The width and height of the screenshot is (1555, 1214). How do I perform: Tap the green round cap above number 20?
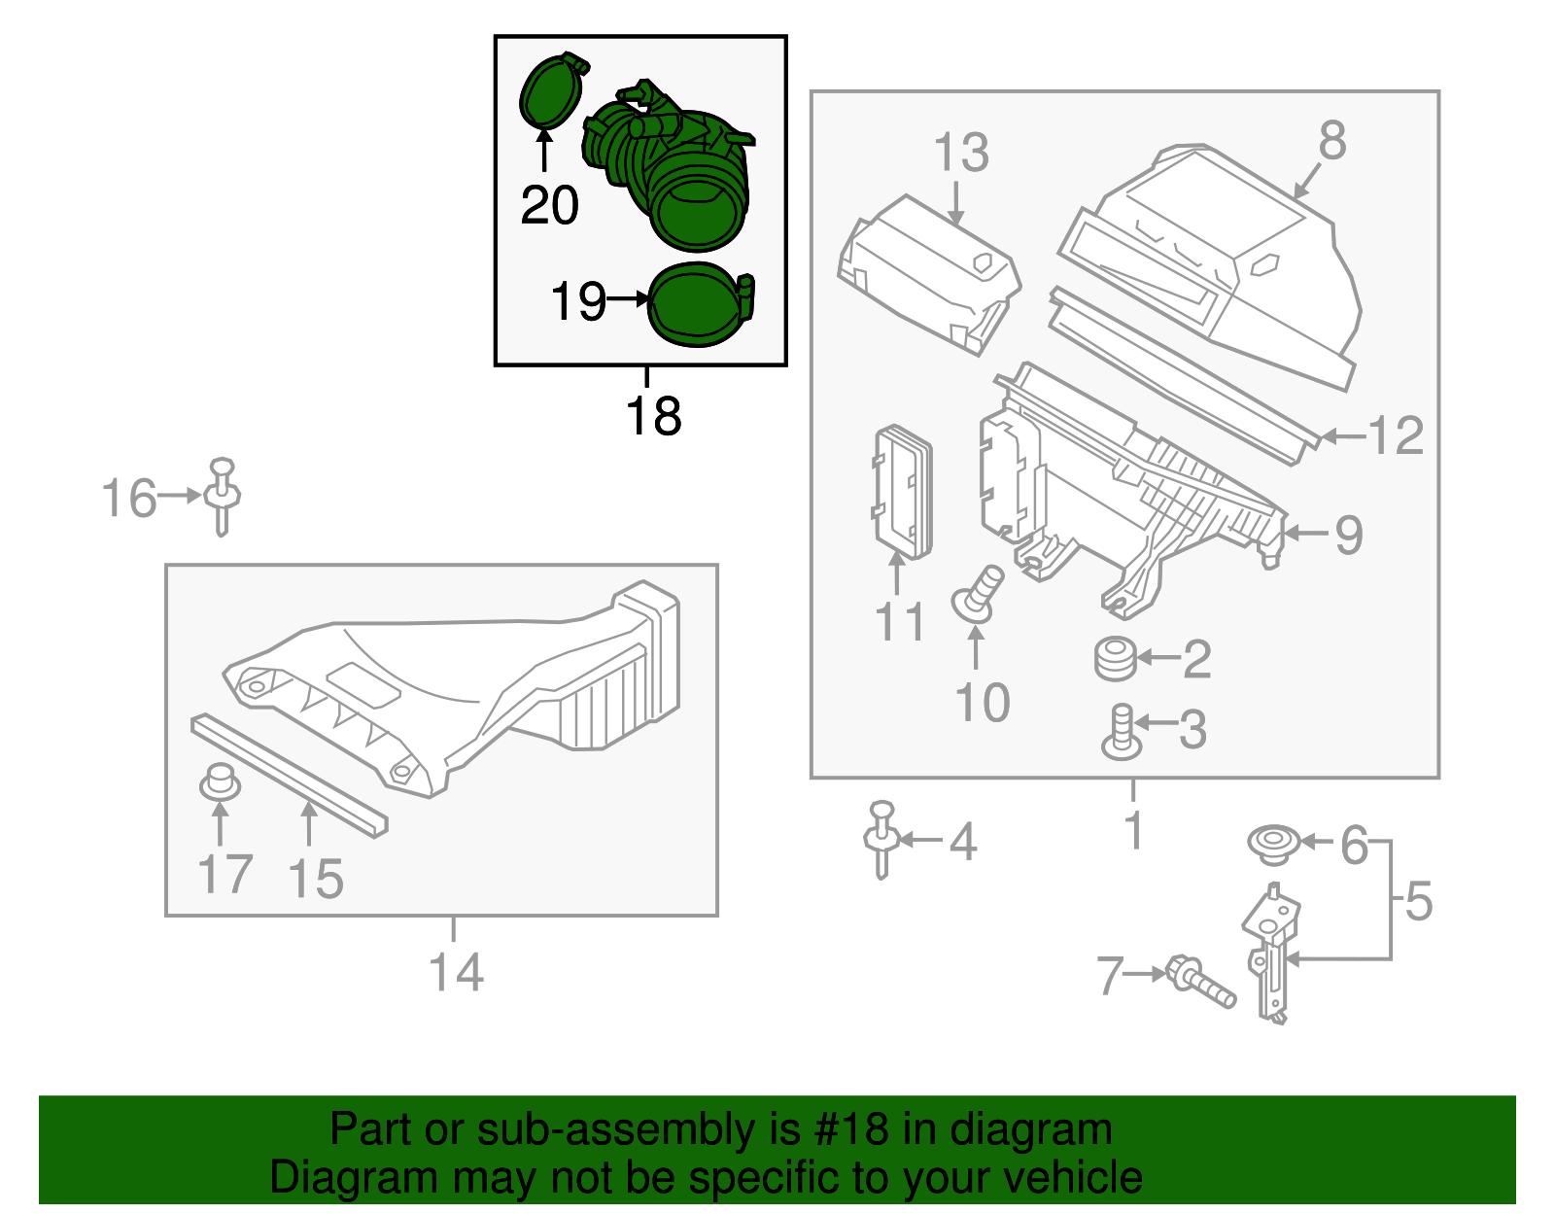point(551,92)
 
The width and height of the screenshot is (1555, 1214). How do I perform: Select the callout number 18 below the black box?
point(653,417)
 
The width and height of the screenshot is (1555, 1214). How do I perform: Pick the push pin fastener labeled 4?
point(882,839)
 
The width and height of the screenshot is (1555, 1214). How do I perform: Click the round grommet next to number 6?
point(1273,843)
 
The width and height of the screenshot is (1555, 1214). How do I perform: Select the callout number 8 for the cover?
point(1331,141)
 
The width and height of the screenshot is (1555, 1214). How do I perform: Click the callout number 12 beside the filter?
point(1396,435)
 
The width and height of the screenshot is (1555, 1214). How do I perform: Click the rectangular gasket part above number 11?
point(904,494)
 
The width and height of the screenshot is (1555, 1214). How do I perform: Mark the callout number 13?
point(960,153)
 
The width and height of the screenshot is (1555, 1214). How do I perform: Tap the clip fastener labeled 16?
point(223,495)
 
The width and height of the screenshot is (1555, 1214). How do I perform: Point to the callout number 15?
point(316,879)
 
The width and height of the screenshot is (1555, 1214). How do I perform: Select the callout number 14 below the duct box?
point(456,972)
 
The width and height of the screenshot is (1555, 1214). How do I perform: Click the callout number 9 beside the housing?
point(1348,535)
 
